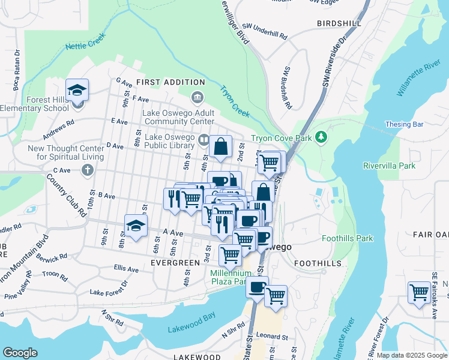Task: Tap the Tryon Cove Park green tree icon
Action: click(322, 138)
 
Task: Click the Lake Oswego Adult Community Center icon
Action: click(196, 97)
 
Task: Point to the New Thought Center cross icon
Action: click(88, 170)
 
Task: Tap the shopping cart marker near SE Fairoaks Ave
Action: click(419, 293)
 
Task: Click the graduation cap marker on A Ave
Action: click(136, 226)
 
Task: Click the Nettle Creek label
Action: click(85, 41)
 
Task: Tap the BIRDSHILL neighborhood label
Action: click(339, 23)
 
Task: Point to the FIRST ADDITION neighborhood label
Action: click(170, 82)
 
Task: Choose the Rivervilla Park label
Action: click(390, 165)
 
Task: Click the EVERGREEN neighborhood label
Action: click(175, 263)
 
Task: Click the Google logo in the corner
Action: click(20, 353)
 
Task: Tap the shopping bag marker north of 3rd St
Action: click(221, 146)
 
